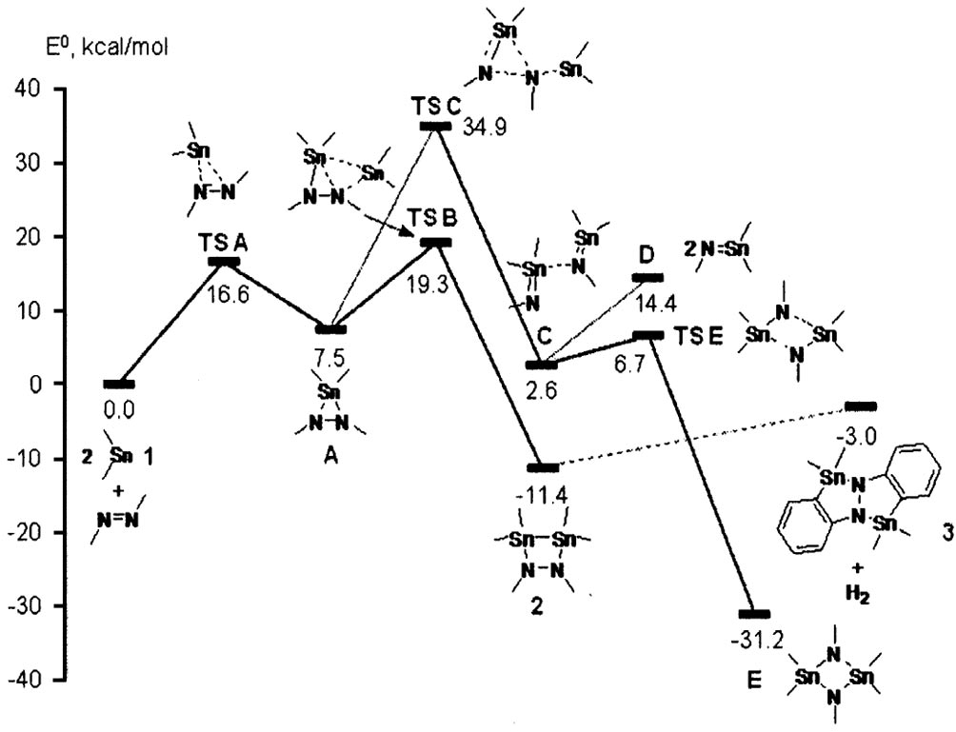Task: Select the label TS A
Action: (x=226, y=242)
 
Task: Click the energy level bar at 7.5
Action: (x=330, y=329)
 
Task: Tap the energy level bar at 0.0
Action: (x=119, y=384)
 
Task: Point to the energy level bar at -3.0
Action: (x=861, y=406)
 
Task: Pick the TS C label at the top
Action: (x=435, y=106)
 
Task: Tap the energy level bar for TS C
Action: (x=434, y=126)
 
